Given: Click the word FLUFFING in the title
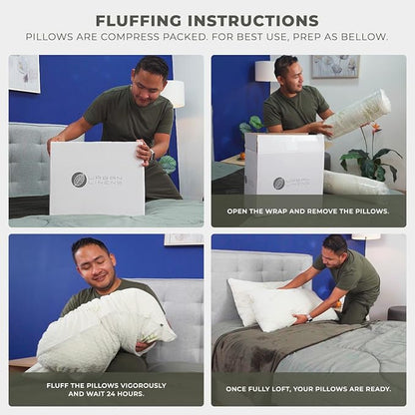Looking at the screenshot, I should coord(146,20).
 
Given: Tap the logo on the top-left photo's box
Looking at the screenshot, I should coord(80,180).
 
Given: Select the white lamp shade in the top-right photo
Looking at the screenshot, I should coord(263,71).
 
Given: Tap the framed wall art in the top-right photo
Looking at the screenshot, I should coord(335,66).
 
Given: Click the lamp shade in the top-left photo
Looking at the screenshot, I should coord(175,94).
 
